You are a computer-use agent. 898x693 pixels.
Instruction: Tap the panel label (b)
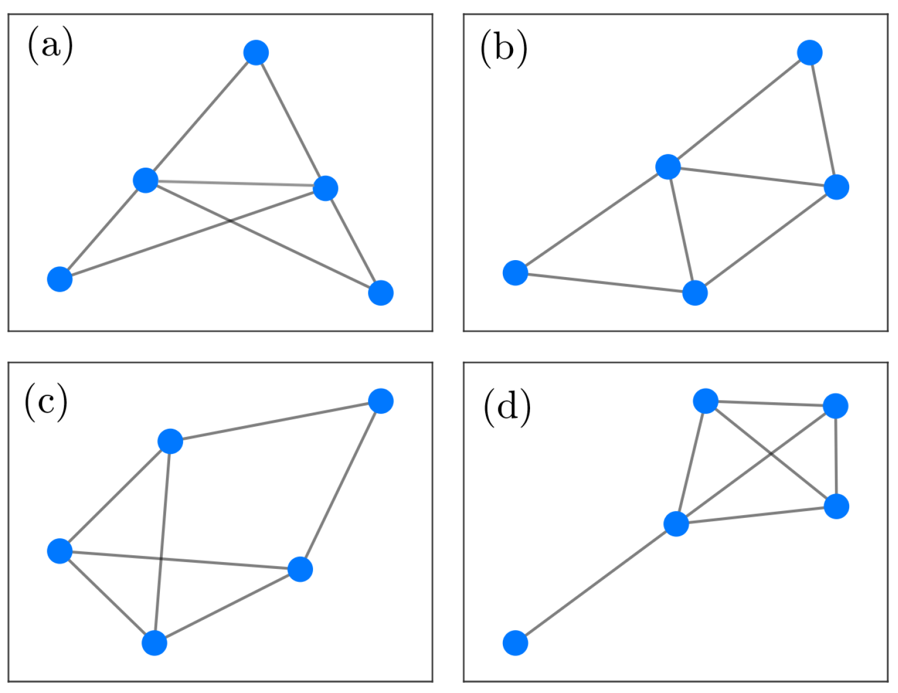[x=503, y=48]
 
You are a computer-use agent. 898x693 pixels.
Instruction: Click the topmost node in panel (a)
[x=256, y=53]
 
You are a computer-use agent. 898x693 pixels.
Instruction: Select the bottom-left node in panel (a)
[x=60, y=279]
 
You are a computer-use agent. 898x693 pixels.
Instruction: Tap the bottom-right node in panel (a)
[x=380, y=293]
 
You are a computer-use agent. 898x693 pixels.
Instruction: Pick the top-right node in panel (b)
[x=810, y=53]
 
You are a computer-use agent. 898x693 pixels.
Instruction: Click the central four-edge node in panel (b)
[x=668, y=167]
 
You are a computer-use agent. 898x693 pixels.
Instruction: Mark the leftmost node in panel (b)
[x=515, y=273]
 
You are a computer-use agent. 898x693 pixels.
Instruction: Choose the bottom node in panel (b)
[x=694, y=293]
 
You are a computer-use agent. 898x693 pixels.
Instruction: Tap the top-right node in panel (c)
[x=380, y=401]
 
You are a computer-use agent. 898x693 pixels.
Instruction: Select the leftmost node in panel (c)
[x=60, y=551]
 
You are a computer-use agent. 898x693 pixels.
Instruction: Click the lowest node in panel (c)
[x=154, y=643]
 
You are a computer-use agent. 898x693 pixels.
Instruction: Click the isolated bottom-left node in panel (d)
[x=515, y=643]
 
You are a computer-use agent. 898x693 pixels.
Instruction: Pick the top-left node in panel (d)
[x=705, y=401]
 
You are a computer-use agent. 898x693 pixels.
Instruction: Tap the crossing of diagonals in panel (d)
[x=771, y=454]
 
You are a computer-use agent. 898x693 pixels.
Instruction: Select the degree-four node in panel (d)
[x=676, y=524]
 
